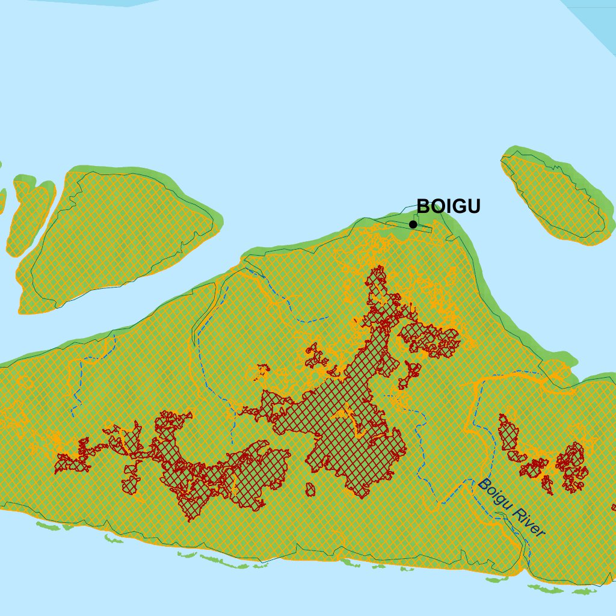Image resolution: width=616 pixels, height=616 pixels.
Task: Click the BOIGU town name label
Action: [x=448, y=206]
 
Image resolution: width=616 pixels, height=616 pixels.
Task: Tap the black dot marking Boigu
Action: [x=413, y=224]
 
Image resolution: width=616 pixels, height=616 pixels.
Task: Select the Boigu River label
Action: [x=511, y=508]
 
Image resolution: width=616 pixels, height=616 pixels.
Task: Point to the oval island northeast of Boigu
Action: [x=556, y=196]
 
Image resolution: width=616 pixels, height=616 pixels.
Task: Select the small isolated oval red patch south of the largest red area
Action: [x=310, y=490]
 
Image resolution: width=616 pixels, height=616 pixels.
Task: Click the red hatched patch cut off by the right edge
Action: [x=614, y=507]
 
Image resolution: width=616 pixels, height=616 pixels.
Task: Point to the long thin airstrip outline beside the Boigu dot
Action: [x=409, y=226]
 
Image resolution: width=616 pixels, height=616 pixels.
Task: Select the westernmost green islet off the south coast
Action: [x=48, y=526]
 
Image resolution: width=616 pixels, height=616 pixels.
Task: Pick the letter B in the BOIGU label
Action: [x=423, y=206]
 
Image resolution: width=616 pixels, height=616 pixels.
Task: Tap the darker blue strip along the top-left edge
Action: [x=72, y=3]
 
